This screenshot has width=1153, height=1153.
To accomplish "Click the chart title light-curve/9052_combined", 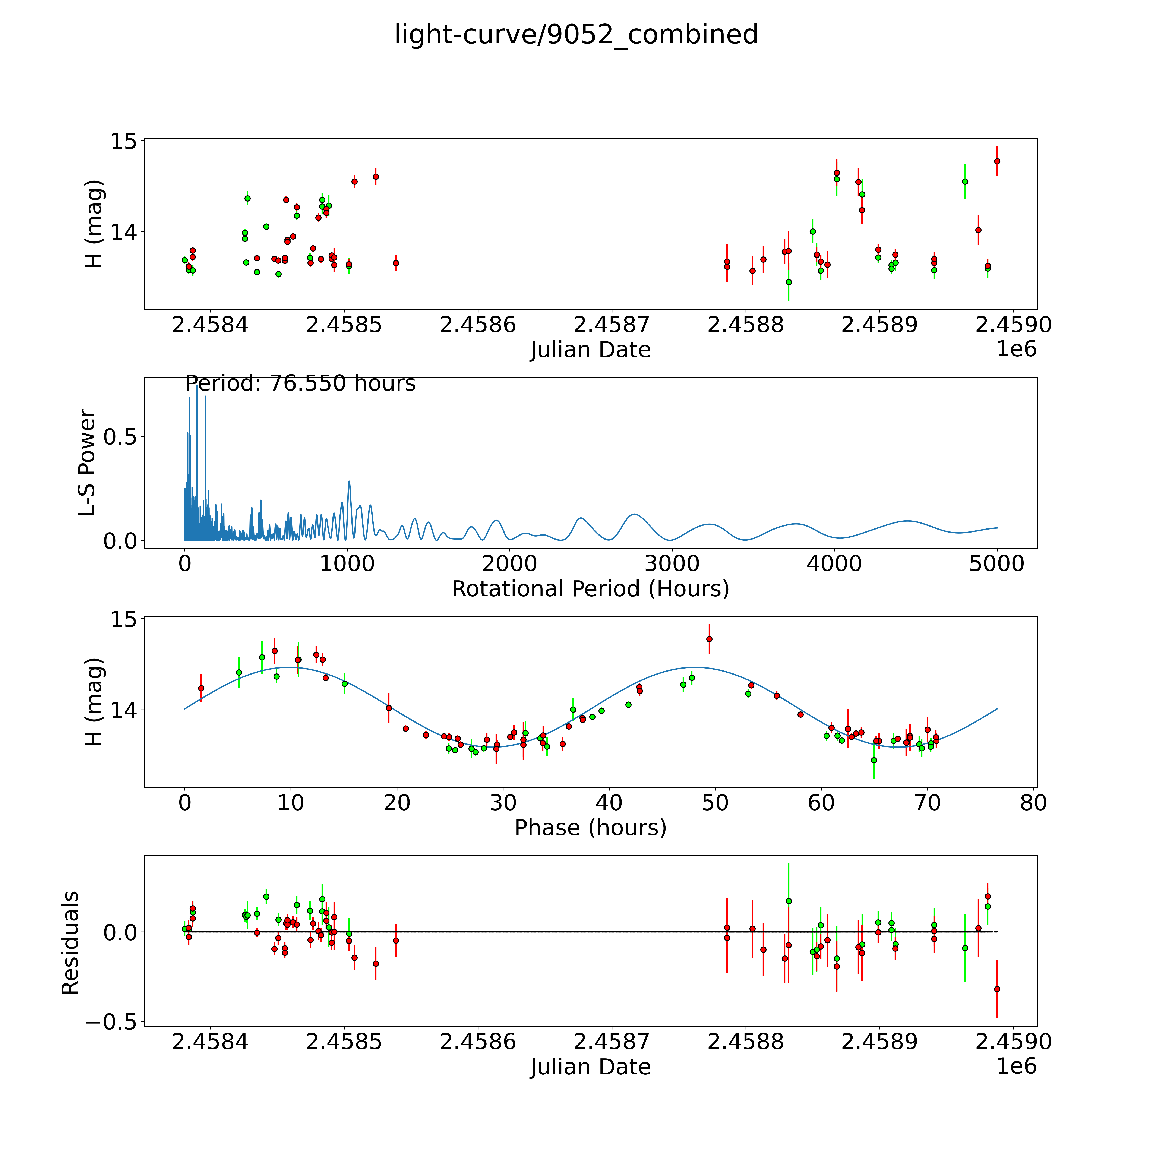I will pos(576,35).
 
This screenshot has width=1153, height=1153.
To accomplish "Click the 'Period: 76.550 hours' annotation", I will pos(300,383).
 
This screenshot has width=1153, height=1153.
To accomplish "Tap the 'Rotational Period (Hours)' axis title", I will pos(590,589).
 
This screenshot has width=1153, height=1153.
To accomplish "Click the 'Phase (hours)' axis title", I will pos(590,828).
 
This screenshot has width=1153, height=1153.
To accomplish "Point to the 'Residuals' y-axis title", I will pos(70,943).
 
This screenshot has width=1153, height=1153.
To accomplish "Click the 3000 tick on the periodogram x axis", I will pos(672,564).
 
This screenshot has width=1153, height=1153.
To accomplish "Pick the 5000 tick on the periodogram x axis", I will pos(997,564).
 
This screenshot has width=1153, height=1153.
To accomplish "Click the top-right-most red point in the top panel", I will pos(997,161).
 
